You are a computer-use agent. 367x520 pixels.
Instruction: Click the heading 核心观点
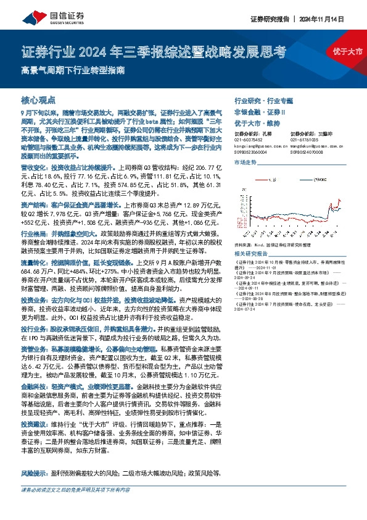pyautogui.click(x=38, y=99)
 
